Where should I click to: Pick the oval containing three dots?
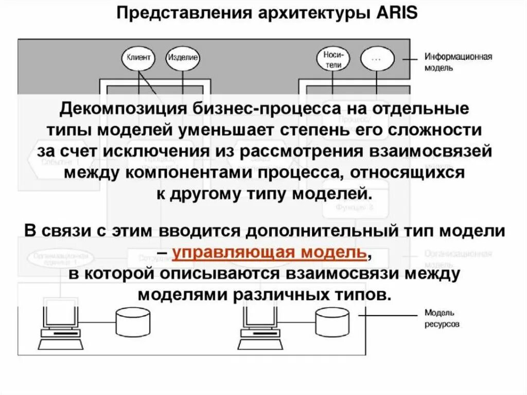point(376,58)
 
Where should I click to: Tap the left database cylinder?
point(132,320)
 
